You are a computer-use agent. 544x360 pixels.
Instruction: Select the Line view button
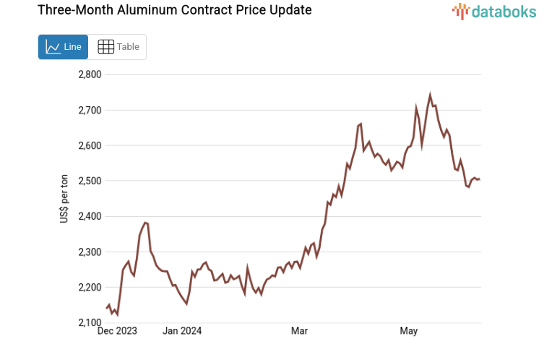pyautogui.click(x=63, y=47)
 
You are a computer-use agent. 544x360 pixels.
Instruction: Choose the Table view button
pyautogui.click(x=118, y=47)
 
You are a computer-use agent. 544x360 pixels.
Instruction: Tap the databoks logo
pyautogui.click(x=494, y=11)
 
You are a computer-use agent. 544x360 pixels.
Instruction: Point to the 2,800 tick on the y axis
pyautogui.click(x=90, y=74)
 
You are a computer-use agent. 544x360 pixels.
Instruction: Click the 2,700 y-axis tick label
pyautogui.click(x=90, y=110)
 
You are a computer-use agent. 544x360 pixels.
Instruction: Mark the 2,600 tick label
pyautogui.click(x=90, y=145)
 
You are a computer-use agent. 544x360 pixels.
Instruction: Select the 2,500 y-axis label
pyautogui.click(x=90, y=181)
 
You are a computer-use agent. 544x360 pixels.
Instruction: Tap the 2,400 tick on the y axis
pyautogui.click(x=90, y=216)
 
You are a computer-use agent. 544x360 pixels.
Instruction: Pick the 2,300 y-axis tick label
pyautogui.click(x=90, y=252)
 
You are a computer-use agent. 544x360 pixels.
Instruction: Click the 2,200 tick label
pyautogui.click(x=90, y=287)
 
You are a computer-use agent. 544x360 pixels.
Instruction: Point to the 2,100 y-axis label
pyautogui.click(x=90, y=322)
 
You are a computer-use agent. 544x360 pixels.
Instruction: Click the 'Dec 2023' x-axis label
pyautogui.click(x=117, y=331)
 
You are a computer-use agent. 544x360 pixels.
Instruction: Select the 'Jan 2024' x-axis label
pyautogui.click(x=182, y=331)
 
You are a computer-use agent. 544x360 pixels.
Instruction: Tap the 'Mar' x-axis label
pyautogui.click(x=299, y=331)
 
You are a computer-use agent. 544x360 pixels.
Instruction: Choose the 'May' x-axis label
pyautogui.click(x=409, y=331)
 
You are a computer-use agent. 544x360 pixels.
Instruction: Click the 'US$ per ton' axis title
pyautogui.click(x=64, y=199)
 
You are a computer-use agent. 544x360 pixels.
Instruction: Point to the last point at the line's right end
pyautogui.click(x=479, y=179)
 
